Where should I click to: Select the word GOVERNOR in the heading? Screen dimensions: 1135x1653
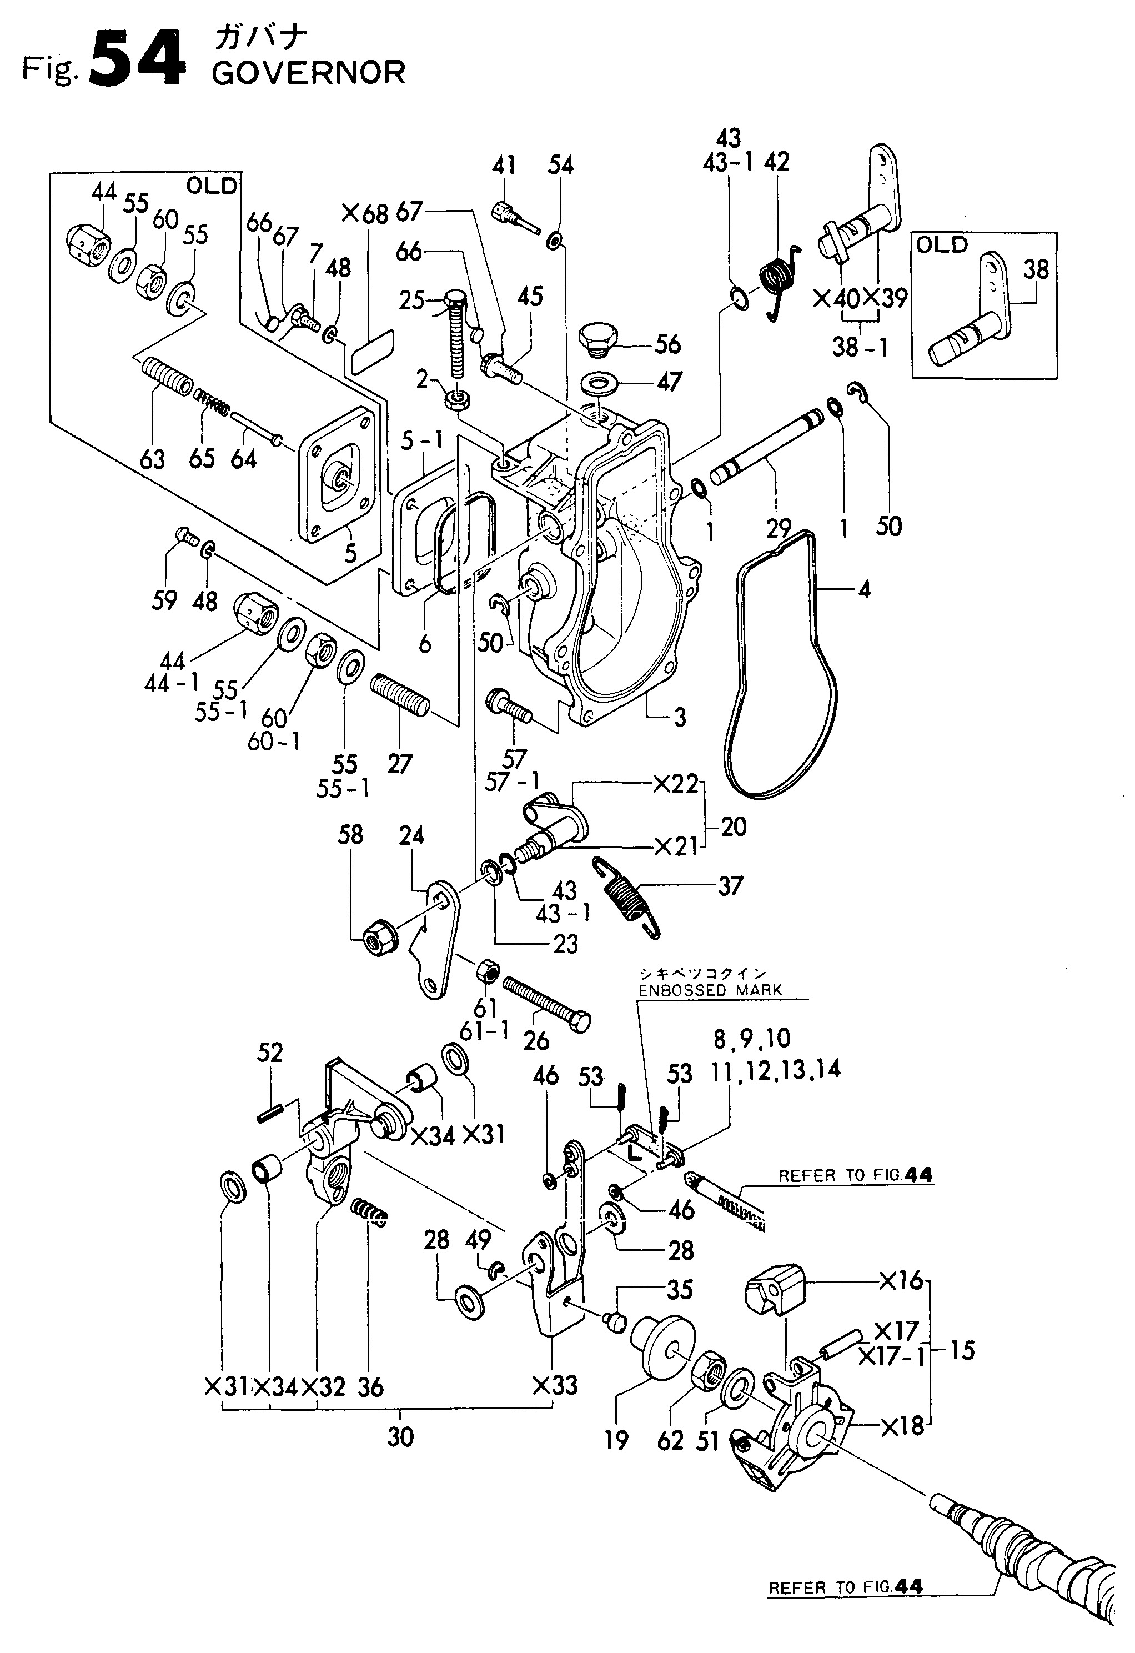(309, 73)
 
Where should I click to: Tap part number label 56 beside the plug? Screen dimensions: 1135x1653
(668, 345)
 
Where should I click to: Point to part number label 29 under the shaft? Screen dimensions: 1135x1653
(779, 528)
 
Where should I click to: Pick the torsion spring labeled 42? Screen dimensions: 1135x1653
(781, 281)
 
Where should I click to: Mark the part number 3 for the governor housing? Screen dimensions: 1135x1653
(680, 717)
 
